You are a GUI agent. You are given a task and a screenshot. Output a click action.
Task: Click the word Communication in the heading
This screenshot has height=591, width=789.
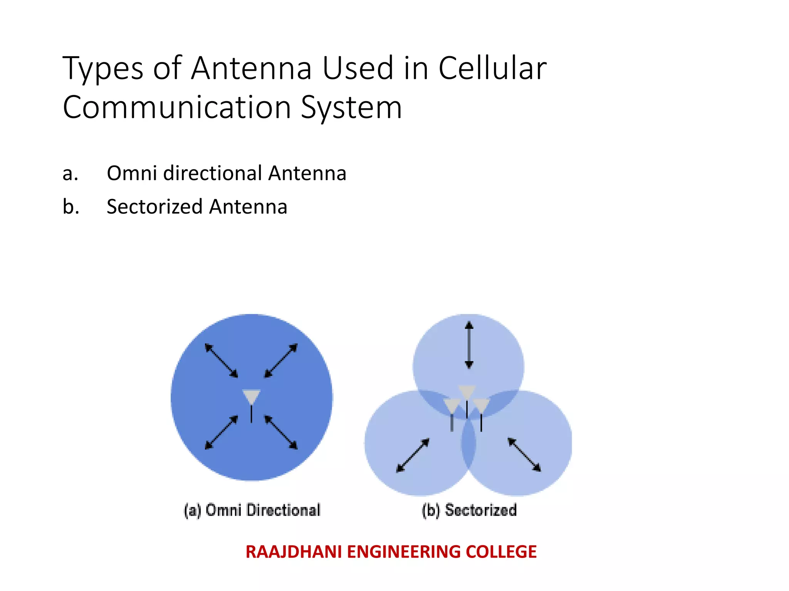click(176, 107)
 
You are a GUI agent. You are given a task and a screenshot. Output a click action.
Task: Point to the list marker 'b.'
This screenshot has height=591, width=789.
click(71, 207)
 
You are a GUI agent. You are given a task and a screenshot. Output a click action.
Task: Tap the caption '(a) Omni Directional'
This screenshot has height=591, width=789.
click(252, 510)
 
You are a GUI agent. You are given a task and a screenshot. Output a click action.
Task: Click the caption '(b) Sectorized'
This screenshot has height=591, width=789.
click(469, 510)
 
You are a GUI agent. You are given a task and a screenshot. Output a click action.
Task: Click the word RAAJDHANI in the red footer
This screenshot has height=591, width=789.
click(294, 552)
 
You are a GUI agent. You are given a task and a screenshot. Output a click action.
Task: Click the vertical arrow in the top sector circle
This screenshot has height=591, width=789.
click(469, 345)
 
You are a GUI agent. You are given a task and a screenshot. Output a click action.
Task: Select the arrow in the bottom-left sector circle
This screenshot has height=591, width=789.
click(413, 455)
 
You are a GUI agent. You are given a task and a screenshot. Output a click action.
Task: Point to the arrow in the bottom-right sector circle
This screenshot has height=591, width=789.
click(524, 454)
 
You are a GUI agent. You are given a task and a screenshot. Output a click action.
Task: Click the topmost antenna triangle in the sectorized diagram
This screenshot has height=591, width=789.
click(467, 392)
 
